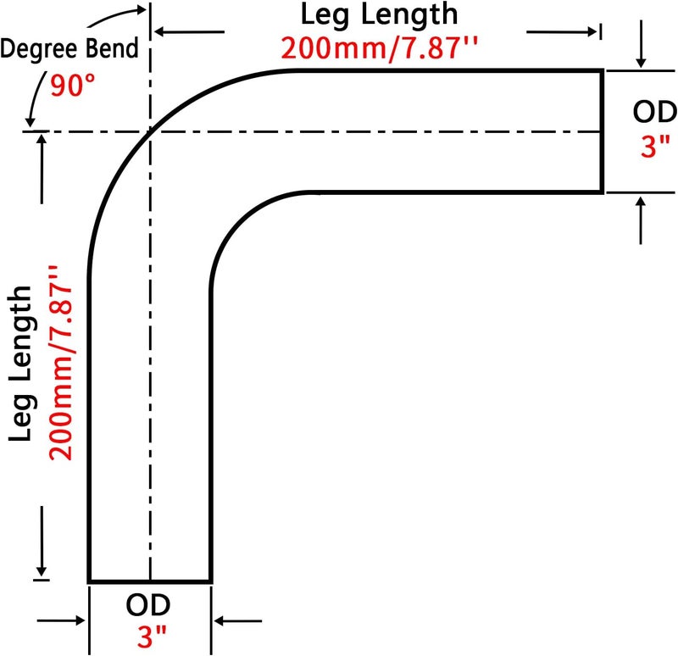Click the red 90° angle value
(x=73, y=86)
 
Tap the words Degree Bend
(x=69, y=48)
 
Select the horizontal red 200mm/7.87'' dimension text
(x=380, y=48)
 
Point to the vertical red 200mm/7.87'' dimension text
(x=61, y=363)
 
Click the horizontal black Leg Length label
(x=379, y=14)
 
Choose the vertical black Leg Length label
(x=20, y=364)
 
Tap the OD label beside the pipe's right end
(x=654, y=112)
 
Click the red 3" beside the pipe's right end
(x=655, y=145)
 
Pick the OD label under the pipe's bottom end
(x=148, y=605)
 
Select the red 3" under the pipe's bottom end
(x=152, y=637)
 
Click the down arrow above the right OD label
(x=641, y=44)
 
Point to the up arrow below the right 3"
(x=641, y=220)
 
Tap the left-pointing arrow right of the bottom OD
(x=238, y=621)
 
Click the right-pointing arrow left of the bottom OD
(x=61, y=620)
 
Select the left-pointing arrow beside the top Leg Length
(x=189, y=31)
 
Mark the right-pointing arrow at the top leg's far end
(x=562, y=31)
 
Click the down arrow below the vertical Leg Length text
(x=42, y=541)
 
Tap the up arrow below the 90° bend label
(x=42, y=169)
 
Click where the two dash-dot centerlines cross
(x=150, y=131)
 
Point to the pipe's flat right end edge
(x=602, y=131)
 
